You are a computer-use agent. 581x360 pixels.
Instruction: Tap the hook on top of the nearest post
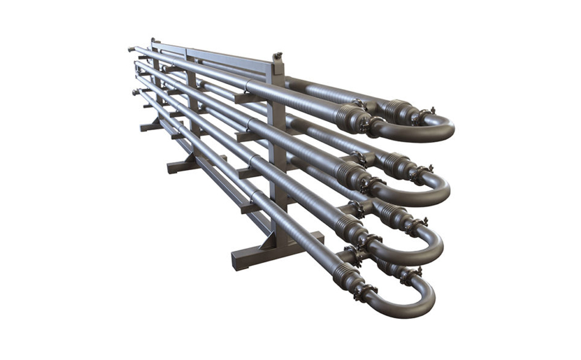click(x=278, y=56)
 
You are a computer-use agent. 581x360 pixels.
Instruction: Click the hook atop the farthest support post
click(x=152, y=41)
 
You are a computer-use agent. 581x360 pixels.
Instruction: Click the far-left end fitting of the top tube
click(x=131, y=49)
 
